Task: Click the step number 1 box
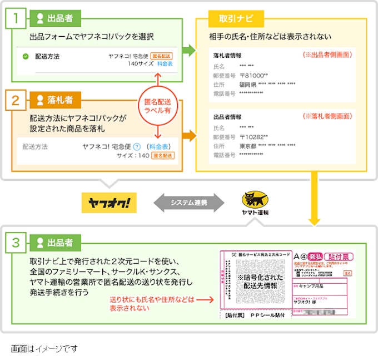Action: coord(17,18)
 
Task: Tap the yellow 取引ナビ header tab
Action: coord(232,18)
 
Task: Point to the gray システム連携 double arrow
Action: coord(188,203)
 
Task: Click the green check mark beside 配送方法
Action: coord(26,57)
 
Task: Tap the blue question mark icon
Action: coord(136,147)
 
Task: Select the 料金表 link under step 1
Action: coord(165,65)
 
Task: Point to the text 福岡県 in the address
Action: coord(248,85)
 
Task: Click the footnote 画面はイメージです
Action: coord(44,349)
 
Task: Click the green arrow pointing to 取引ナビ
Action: coord(190,51)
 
